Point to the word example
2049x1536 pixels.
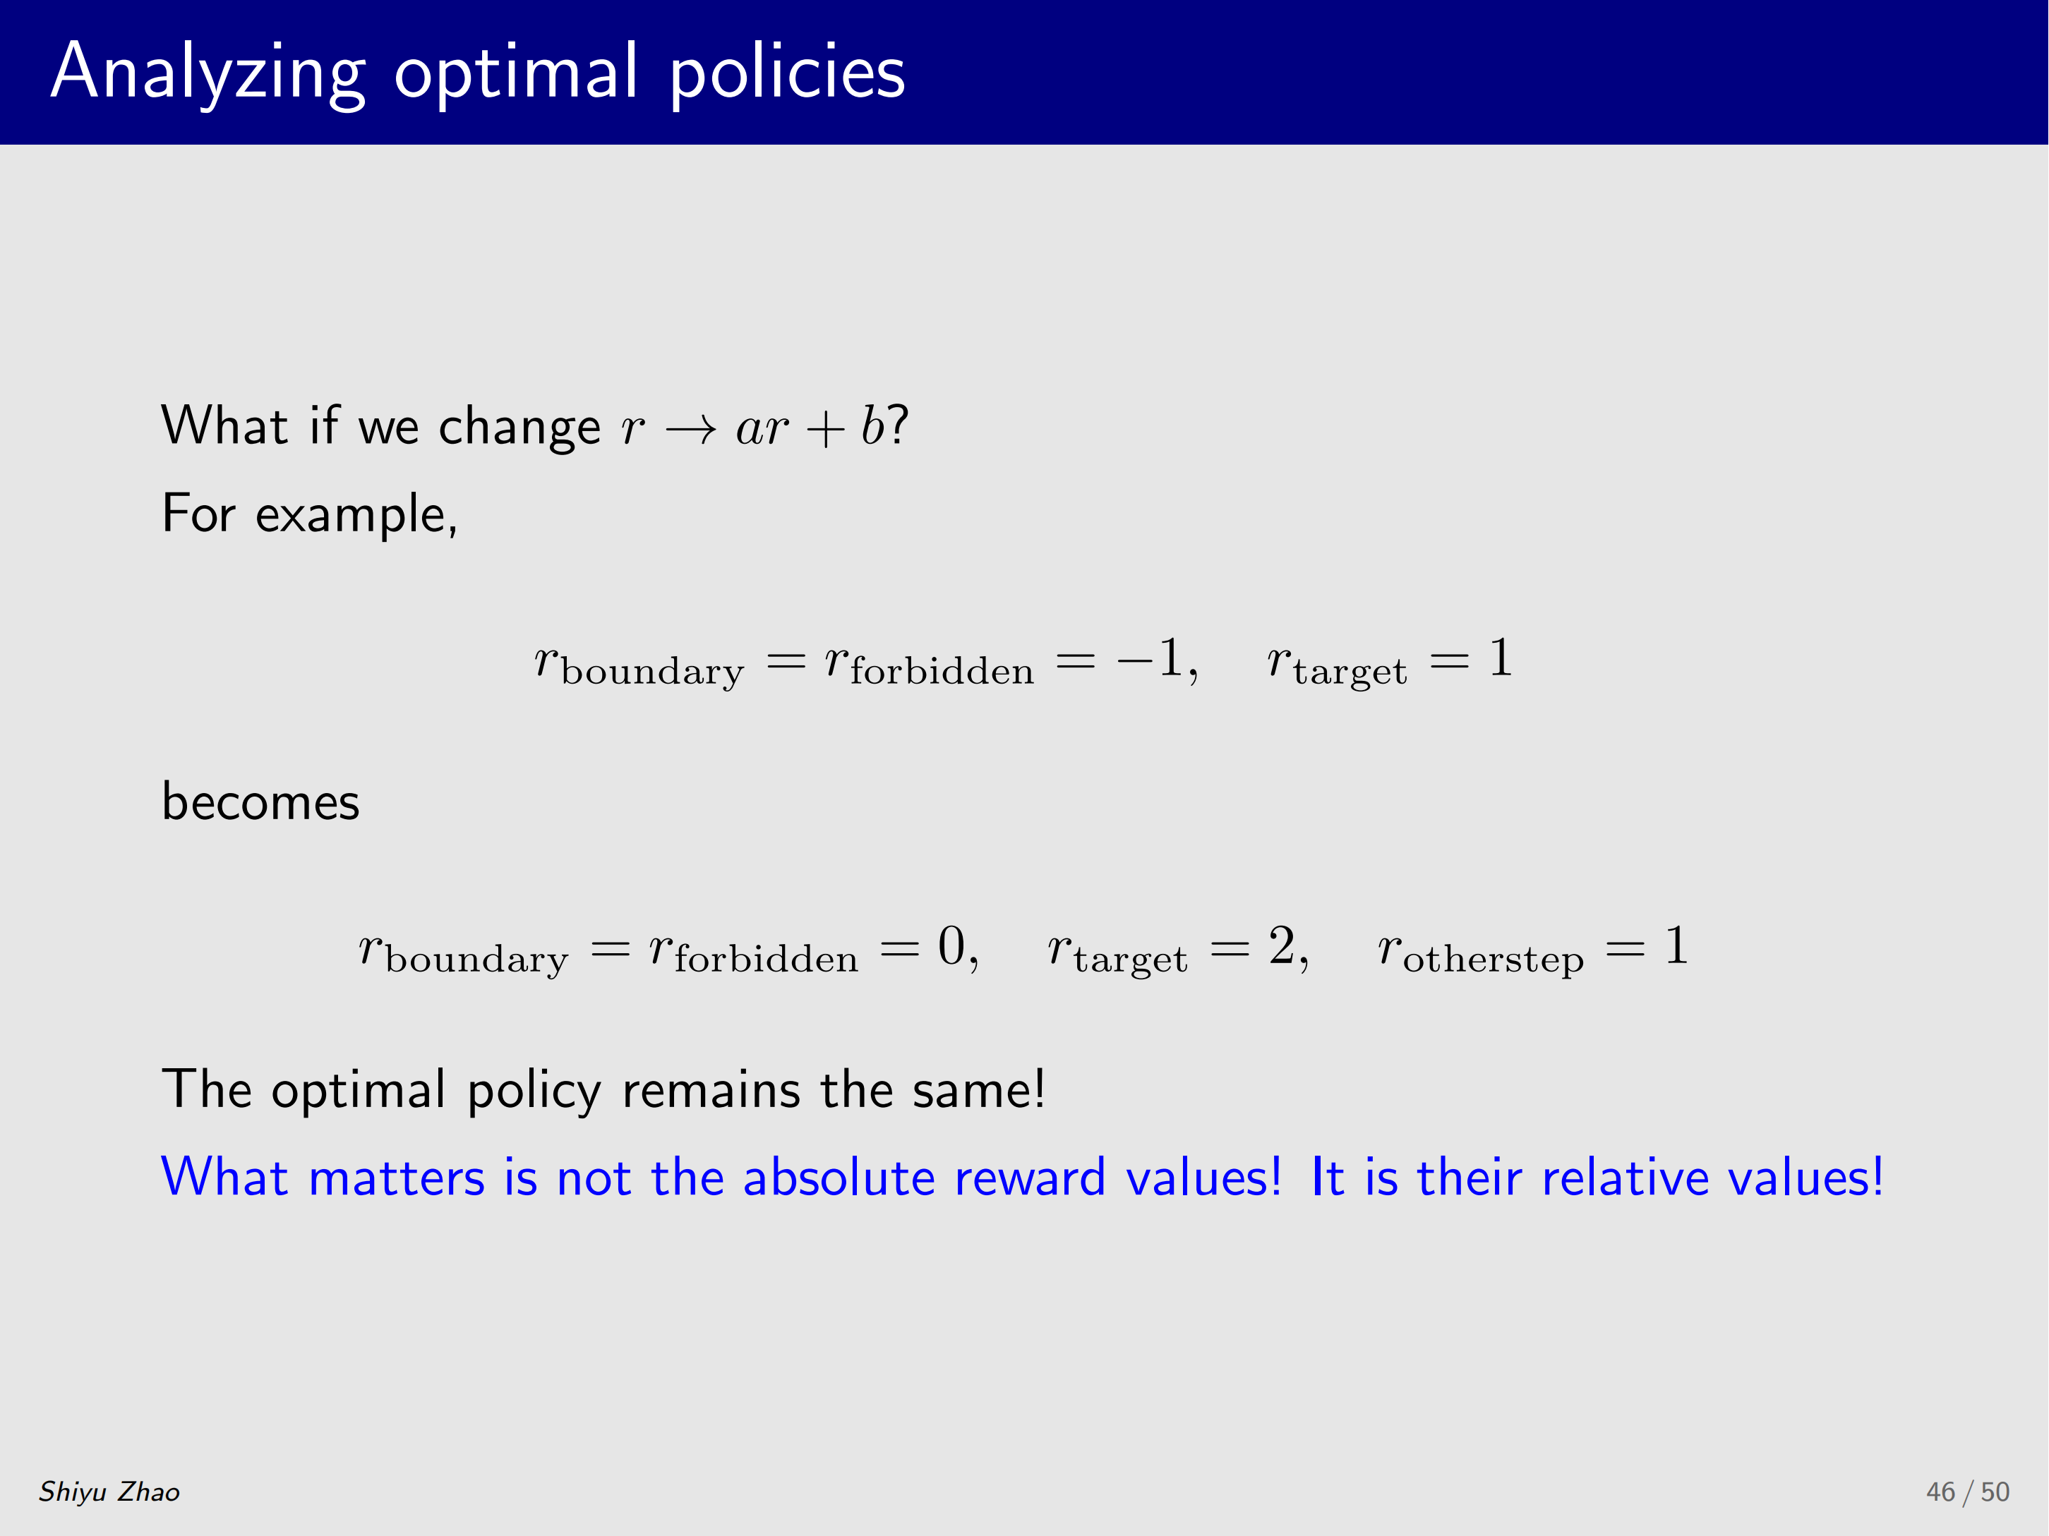click(356, 516)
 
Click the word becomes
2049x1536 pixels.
click(260, 801)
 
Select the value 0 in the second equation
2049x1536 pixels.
click(951, 945)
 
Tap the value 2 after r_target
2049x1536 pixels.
click(1282, 945)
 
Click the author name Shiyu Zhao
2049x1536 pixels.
click(109, 1492)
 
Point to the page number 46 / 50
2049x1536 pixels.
click(1968, 1492)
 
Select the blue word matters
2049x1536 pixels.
click(397, 1178)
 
